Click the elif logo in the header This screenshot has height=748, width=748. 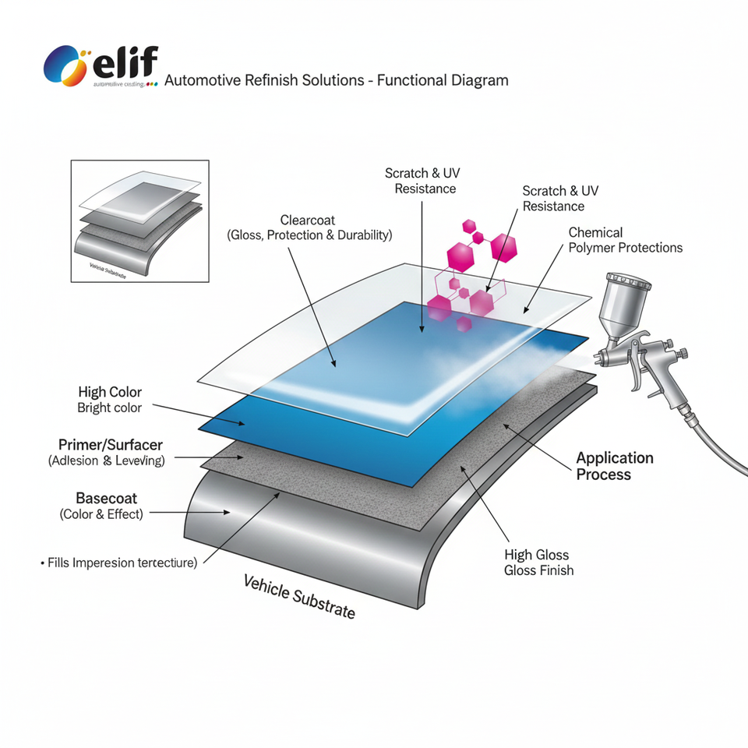[101, 65]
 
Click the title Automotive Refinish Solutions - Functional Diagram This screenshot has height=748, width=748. [337, 80]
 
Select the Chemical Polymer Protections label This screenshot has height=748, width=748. [625, 240]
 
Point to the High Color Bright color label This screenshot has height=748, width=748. [110, 400]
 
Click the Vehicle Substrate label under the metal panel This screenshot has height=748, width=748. [299, 596]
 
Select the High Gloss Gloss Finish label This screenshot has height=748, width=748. [538, 563]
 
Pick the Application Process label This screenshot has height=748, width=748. [615, 466]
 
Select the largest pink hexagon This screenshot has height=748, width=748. [460, 254]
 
